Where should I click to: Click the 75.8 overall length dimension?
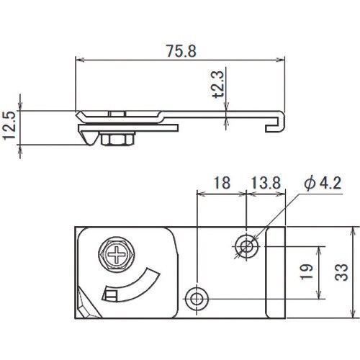[x=181, y=51]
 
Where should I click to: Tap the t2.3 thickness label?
[x=219, y=84]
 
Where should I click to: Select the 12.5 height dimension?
[x=9, y=126]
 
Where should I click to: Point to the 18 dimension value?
[x=222, y=183]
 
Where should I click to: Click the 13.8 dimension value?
[x=266, y=183]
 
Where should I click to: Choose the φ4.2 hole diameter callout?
[x=323, y=183]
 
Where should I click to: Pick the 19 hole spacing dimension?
[x=307, y=272]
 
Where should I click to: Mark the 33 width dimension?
[x=341, y=272]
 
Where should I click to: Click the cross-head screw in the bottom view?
[x=117, y=254]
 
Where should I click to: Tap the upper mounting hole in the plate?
[x=247, y=246]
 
